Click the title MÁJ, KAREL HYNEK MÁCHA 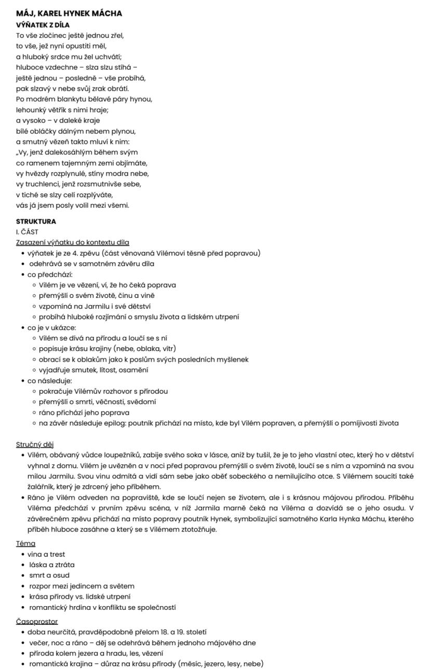(x=69, y=13)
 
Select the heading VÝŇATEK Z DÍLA (x=43, y=25)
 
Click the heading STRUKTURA (x=36, y=221)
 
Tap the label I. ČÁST (x=27, y=232)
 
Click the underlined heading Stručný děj (x=35, y=444)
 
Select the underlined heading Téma (x=25, y=543)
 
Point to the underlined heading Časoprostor (x=37, y=621)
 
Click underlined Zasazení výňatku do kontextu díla (x=73, y=242)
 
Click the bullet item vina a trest (x=46, y=554)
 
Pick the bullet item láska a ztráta (x=51, y=565)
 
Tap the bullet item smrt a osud (x=49, y=575)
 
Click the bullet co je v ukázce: (x=52, y=327)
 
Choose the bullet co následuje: (x=50, y=381)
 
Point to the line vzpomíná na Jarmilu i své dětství (x=95, y=306)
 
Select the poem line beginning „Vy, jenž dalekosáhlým (x=77, y=152)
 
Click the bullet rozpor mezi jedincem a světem (x=82, y=586)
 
